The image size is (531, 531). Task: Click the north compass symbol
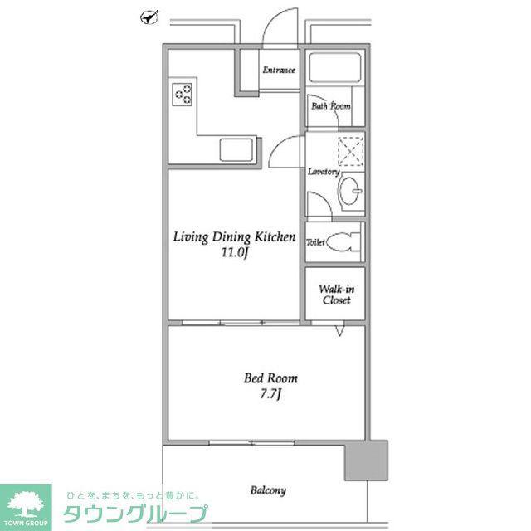pos(149,17)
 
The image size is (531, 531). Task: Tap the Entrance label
pos(279,70)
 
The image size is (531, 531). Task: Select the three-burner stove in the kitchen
pos(182,95)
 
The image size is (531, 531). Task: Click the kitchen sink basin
pos(236,149)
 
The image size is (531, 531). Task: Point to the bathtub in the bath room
pos(335,67)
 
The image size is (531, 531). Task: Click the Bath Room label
pos(331,106)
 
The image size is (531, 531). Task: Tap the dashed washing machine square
pos(351,151)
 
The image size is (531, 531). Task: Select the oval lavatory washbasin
pos(349,191)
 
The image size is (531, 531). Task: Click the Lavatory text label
pos(324,172)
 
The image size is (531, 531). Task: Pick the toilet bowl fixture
pos(343,241)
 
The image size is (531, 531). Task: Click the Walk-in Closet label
pos(337,295)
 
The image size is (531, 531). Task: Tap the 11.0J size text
pos(236,252)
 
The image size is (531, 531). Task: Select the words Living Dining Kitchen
pos(234,237)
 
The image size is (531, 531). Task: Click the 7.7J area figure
pos(270,394)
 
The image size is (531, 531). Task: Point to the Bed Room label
pos(270,378)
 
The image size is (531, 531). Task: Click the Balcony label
pos(268,490)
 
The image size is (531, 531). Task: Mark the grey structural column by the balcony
pos(366,460)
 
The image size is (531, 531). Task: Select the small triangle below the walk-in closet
pos(339,331)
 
